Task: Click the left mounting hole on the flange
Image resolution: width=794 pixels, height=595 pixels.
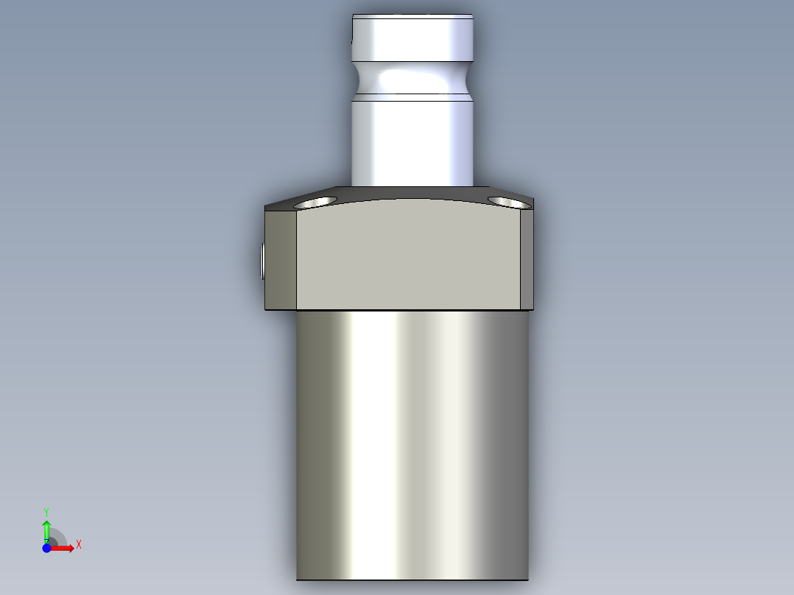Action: pyautogui.click(x=316, y=201)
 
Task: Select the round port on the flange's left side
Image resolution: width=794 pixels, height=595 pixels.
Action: pyautogui.click(x=263, y=262)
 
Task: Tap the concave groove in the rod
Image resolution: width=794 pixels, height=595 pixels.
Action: pyautogui.click(x=412, y=77)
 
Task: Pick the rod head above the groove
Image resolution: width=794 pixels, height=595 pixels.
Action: pyautogui.click(x=412, y=38)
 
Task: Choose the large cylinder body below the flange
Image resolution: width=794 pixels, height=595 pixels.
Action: pyautogui.click(x=412, y=442)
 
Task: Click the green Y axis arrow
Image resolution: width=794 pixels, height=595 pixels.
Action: pyautogui.click(x=46, y=529)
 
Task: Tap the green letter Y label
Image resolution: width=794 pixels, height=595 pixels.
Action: pyautogui.click(x=46, y=511)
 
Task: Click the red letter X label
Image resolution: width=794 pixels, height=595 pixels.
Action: pyautogui.click(x=79, y=545)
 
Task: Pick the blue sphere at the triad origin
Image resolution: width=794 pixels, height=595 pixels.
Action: pyautogui.click(x=46, y=548)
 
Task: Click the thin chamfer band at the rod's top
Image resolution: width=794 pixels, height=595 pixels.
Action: pyautogui.click(x=412, y=15)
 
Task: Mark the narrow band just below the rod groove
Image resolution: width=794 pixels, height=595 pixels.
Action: pyautogui.click(x=412, y=97)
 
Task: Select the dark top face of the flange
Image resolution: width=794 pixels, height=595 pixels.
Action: pyautogui.click(x=412, y=193)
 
